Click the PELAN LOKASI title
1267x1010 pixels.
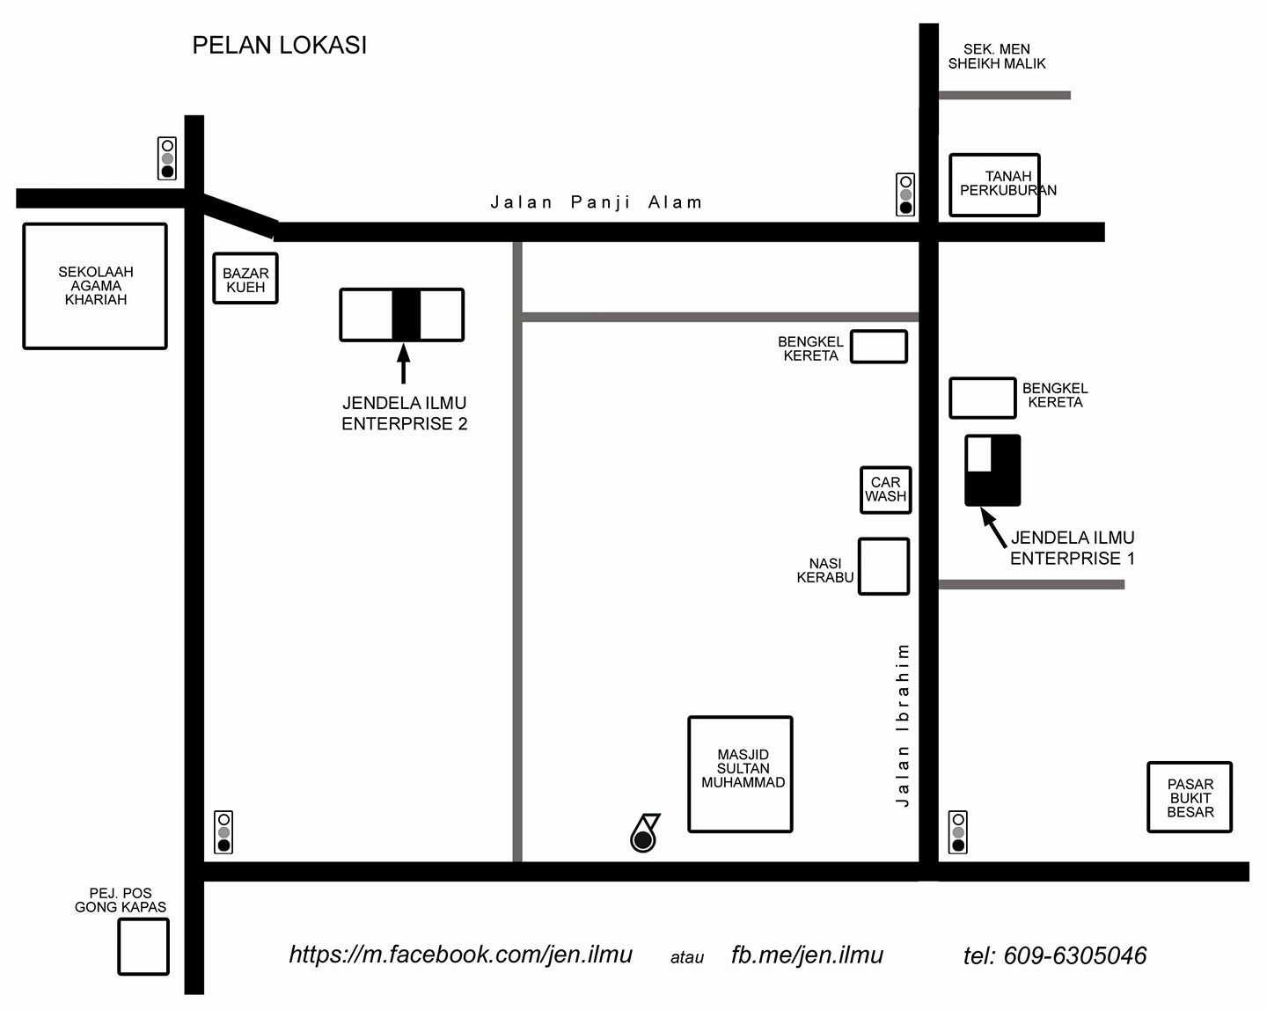coord(280,46)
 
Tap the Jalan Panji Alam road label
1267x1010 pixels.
coord(597,202)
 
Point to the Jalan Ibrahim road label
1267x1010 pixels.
coord(902,725)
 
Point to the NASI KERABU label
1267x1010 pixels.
coord(824,571)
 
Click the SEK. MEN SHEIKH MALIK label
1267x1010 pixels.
coord(997,56)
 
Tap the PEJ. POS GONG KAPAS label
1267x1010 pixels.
coord(121,900)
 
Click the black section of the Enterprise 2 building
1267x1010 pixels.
coord(406,314)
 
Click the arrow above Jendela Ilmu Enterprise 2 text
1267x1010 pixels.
coord(403,363)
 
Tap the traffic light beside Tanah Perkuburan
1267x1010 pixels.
coord(905,194)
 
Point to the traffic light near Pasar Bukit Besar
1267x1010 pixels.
coord(958,832)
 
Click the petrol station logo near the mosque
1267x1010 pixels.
coord(645,833)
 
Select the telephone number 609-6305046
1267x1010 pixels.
coord(1075,955)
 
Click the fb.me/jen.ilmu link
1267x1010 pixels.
coord(807,955)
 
